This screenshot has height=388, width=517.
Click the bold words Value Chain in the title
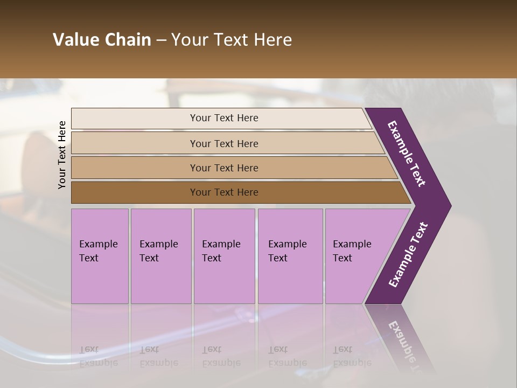(102, 40)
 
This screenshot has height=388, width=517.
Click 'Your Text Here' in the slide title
(232, 40)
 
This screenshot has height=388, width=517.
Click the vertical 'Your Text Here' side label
(62, 155)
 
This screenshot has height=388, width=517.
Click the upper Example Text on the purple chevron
(407, 154)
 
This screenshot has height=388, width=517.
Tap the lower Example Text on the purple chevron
(408, 255)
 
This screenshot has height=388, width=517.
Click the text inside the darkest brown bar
(224, 192)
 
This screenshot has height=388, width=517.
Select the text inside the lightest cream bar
(224, 118)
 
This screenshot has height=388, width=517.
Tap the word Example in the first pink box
(98, 244)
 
